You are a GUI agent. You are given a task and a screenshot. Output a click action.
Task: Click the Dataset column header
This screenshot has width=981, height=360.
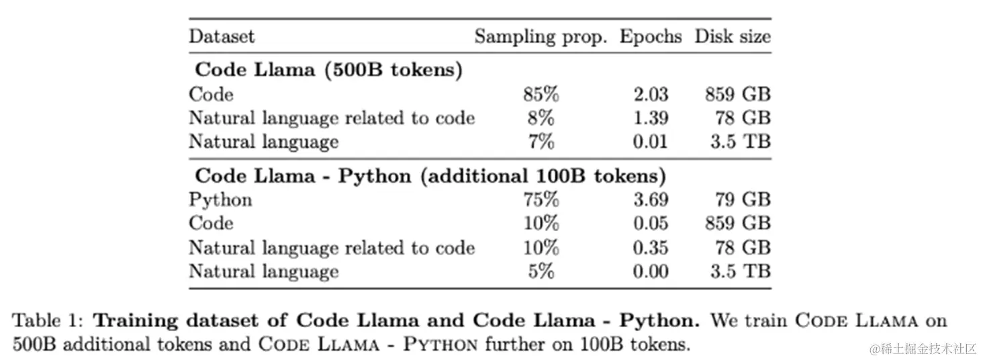pos(222,36)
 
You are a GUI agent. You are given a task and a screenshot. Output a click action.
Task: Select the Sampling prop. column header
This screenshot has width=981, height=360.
pos(541,36)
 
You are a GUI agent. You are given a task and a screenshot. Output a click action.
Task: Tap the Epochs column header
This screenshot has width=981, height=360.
pos(650,36)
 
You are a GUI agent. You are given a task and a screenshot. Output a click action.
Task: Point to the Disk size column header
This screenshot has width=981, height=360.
pos(733,36)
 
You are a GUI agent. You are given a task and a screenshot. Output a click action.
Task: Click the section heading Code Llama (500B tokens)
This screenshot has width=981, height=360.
pos(328,71)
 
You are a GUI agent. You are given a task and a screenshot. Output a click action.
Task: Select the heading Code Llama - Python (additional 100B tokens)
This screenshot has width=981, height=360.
pos(430,176)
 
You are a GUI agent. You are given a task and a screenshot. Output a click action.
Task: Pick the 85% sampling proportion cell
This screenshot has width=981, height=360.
pos(541,95)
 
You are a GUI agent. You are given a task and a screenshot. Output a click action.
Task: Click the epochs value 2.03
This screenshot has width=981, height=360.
pos(651,95)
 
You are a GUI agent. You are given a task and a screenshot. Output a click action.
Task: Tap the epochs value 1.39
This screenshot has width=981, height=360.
pos(651,118)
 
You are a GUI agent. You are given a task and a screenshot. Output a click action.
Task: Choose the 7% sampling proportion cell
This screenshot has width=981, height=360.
pos(541,142)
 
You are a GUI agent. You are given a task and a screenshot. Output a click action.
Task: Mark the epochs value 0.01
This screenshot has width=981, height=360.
pos(651,142)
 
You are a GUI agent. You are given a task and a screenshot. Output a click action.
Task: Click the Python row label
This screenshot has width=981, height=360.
pos(220,200)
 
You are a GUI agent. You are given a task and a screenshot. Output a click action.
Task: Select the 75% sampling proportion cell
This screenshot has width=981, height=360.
pos(541,200)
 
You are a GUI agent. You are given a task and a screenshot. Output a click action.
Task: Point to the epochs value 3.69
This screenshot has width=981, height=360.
pos(651,200)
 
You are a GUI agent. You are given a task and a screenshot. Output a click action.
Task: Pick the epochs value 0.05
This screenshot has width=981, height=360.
pos(651,224)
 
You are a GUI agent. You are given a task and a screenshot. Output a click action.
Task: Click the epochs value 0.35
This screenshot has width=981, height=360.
pos(651,247)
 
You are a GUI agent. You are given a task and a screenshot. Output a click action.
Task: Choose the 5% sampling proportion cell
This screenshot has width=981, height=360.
pos(541,271)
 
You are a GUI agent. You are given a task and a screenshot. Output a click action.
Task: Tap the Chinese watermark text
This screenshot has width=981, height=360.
pos(923,349)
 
